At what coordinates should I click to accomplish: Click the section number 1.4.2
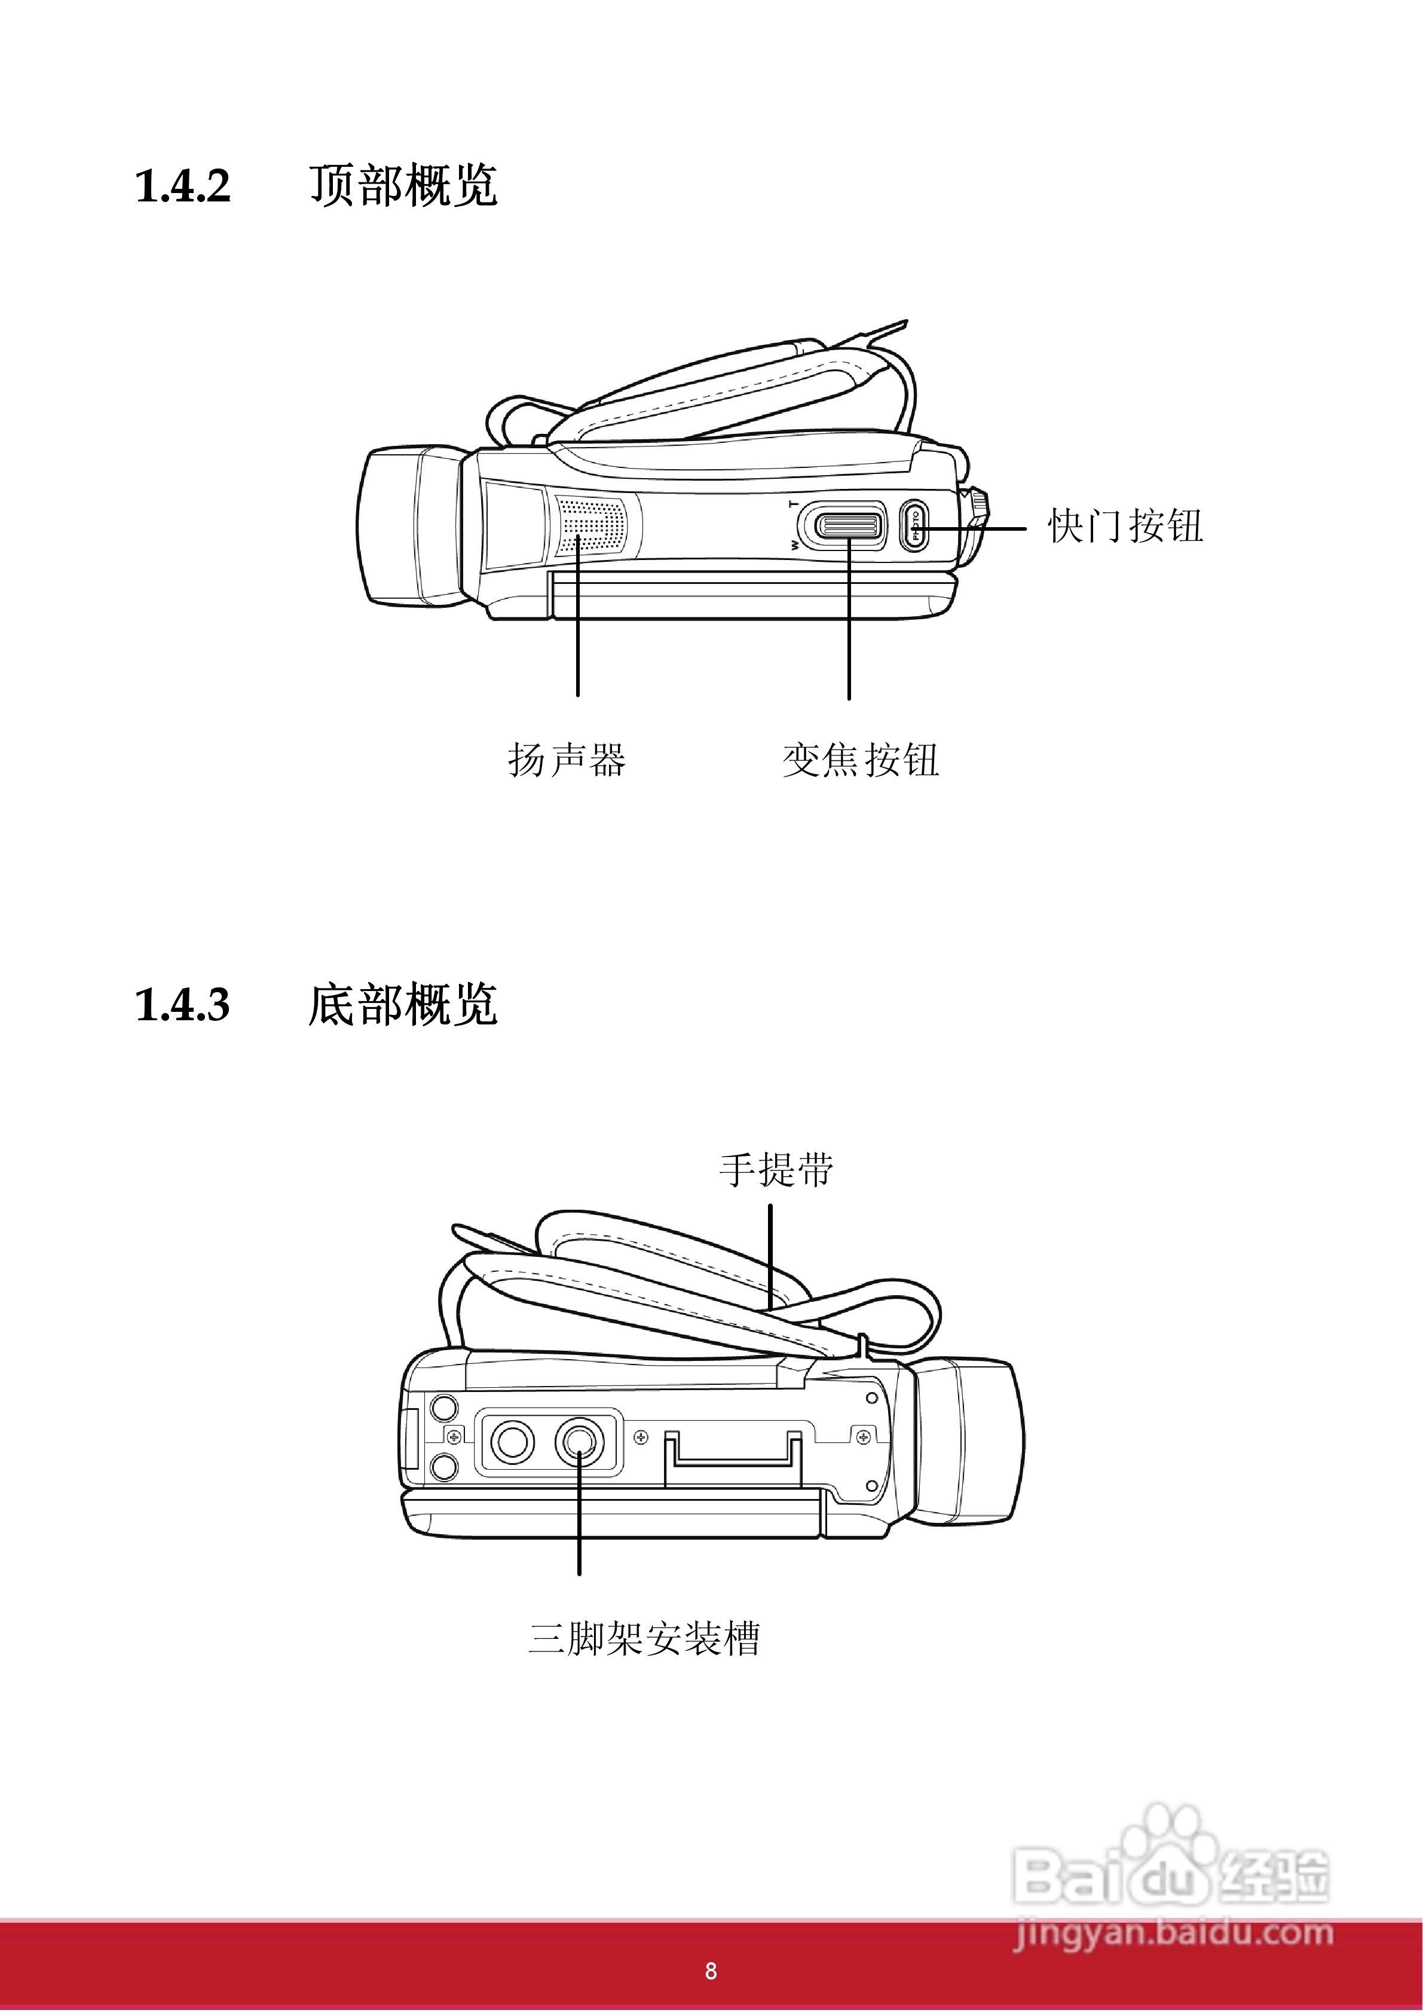pos(182,186)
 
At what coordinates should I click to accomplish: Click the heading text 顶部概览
pos(403,186)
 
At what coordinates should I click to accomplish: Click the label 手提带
pos(776,1170)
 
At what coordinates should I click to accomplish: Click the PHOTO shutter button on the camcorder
pos(914,525)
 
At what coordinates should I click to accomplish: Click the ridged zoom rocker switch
pos(847,526)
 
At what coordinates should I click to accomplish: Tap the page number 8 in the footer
pos(711,1971)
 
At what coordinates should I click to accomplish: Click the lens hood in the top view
pos(409,526)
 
